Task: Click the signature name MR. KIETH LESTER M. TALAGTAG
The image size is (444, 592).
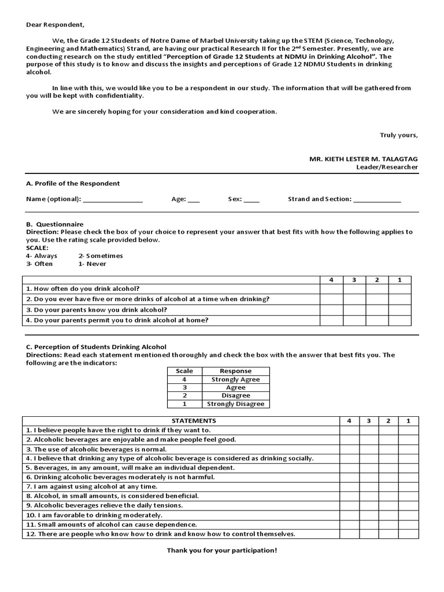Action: point(364,158)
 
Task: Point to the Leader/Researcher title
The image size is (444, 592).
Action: point(387,167)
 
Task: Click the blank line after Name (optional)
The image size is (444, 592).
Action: point(113,200)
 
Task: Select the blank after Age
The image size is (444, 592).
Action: point(194,200)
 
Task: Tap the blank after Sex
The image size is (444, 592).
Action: point(251,200)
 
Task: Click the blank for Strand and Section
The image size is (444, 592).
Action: point(376,200)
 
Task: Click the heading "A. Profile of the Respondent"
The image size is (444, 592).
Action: point(73,183)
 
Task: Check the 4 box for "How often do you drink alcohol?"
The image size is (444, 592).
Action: point(331,288)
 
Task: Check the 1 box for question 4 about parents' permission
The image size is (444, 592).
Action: point(399,320)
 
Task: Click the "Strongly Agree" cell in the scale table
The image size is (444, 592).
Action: point(235,379)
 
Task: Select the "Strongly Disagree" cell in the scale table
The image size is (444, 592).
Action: point(235,404)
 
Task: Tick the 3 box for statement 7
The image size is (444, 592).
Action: point(369,486)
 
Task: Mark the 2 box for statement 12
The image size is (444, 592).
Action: point(388,534)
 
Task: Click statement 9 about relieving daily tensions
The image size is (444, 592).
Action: point(104,505)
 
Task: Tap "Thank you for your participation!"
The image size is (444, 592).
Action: point(222,550)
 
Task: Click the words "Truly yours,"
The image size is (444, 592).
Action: point(398,135)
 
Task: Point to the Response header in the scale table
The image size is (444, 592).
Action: point(235,371)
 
